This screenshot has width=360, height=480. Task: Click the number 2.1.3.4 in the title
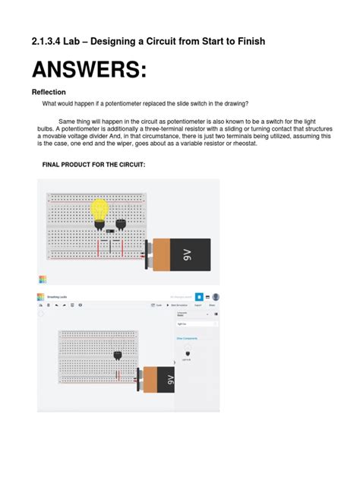pos(52,40)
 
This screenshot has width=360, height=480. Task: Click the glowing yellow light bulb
pos(99,209)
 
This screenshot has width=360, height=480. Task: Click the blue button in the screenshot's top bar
pos(199,297)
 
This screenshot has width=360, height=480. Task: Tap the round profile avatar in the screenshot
pos(216,297)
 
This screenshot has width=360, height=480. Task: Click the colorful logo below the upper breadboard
pos(42,279)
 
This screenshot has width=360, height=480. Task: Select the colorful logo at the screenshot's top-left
pos(41,296)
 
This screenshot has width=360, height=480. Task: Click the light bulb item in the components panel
pos(188,352)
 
